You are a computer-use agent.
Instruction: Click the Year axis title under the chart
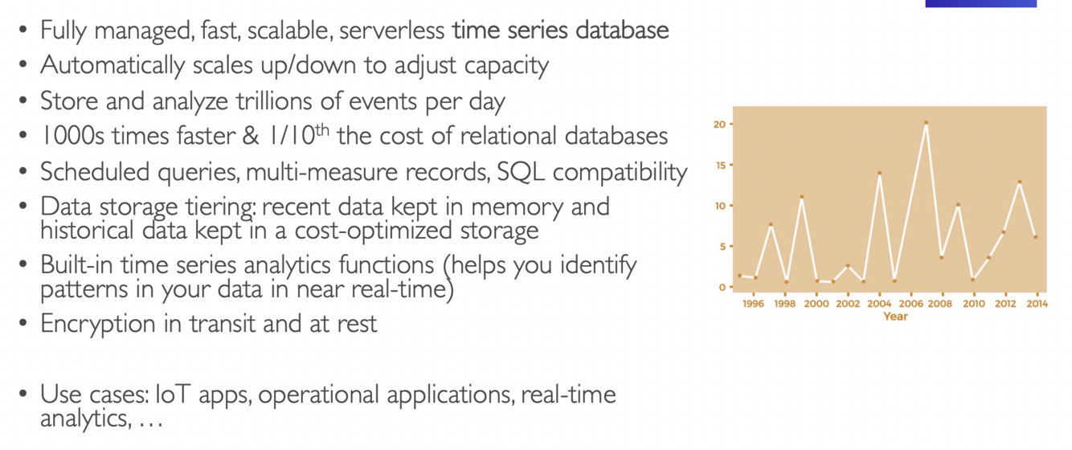pyautogui.click(x=895, y=317)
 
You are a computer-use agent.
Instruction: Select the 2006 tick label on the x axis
pyautogui.click(x=910, y=305)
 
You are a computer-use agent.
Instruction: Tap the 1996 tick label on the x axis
pyautogui.click(x=753, y=305)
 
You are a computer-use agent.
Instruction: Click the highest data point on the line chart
pyautogui.click(x=926, y=124)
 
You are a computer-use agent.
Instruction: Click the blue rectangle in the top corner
pyautogui.click(x=980, y=3)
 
